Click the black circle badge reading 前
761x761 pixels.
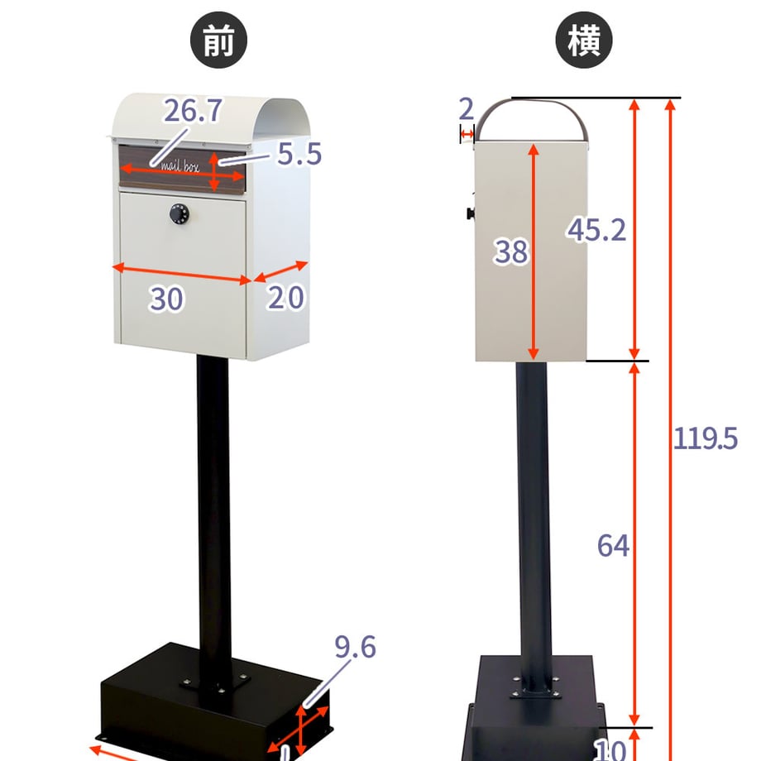coord(218,40)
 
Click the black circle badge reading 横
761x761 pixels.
coord(583,40)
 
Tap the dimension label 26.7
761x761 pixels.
coord(193,111)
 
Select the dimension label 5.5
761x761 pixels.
coord(299,154)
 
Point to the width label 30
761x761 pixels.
coord(166,299)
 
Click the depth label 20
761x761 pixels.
coord(286,297)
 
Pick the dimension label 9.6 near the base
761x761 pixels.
coord(355,647)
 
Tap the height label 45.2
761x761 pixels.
coord(596,230)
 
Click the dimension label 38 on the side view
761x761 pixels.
coord(510,251)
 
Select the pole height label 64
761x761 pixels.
coord(613,545)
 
